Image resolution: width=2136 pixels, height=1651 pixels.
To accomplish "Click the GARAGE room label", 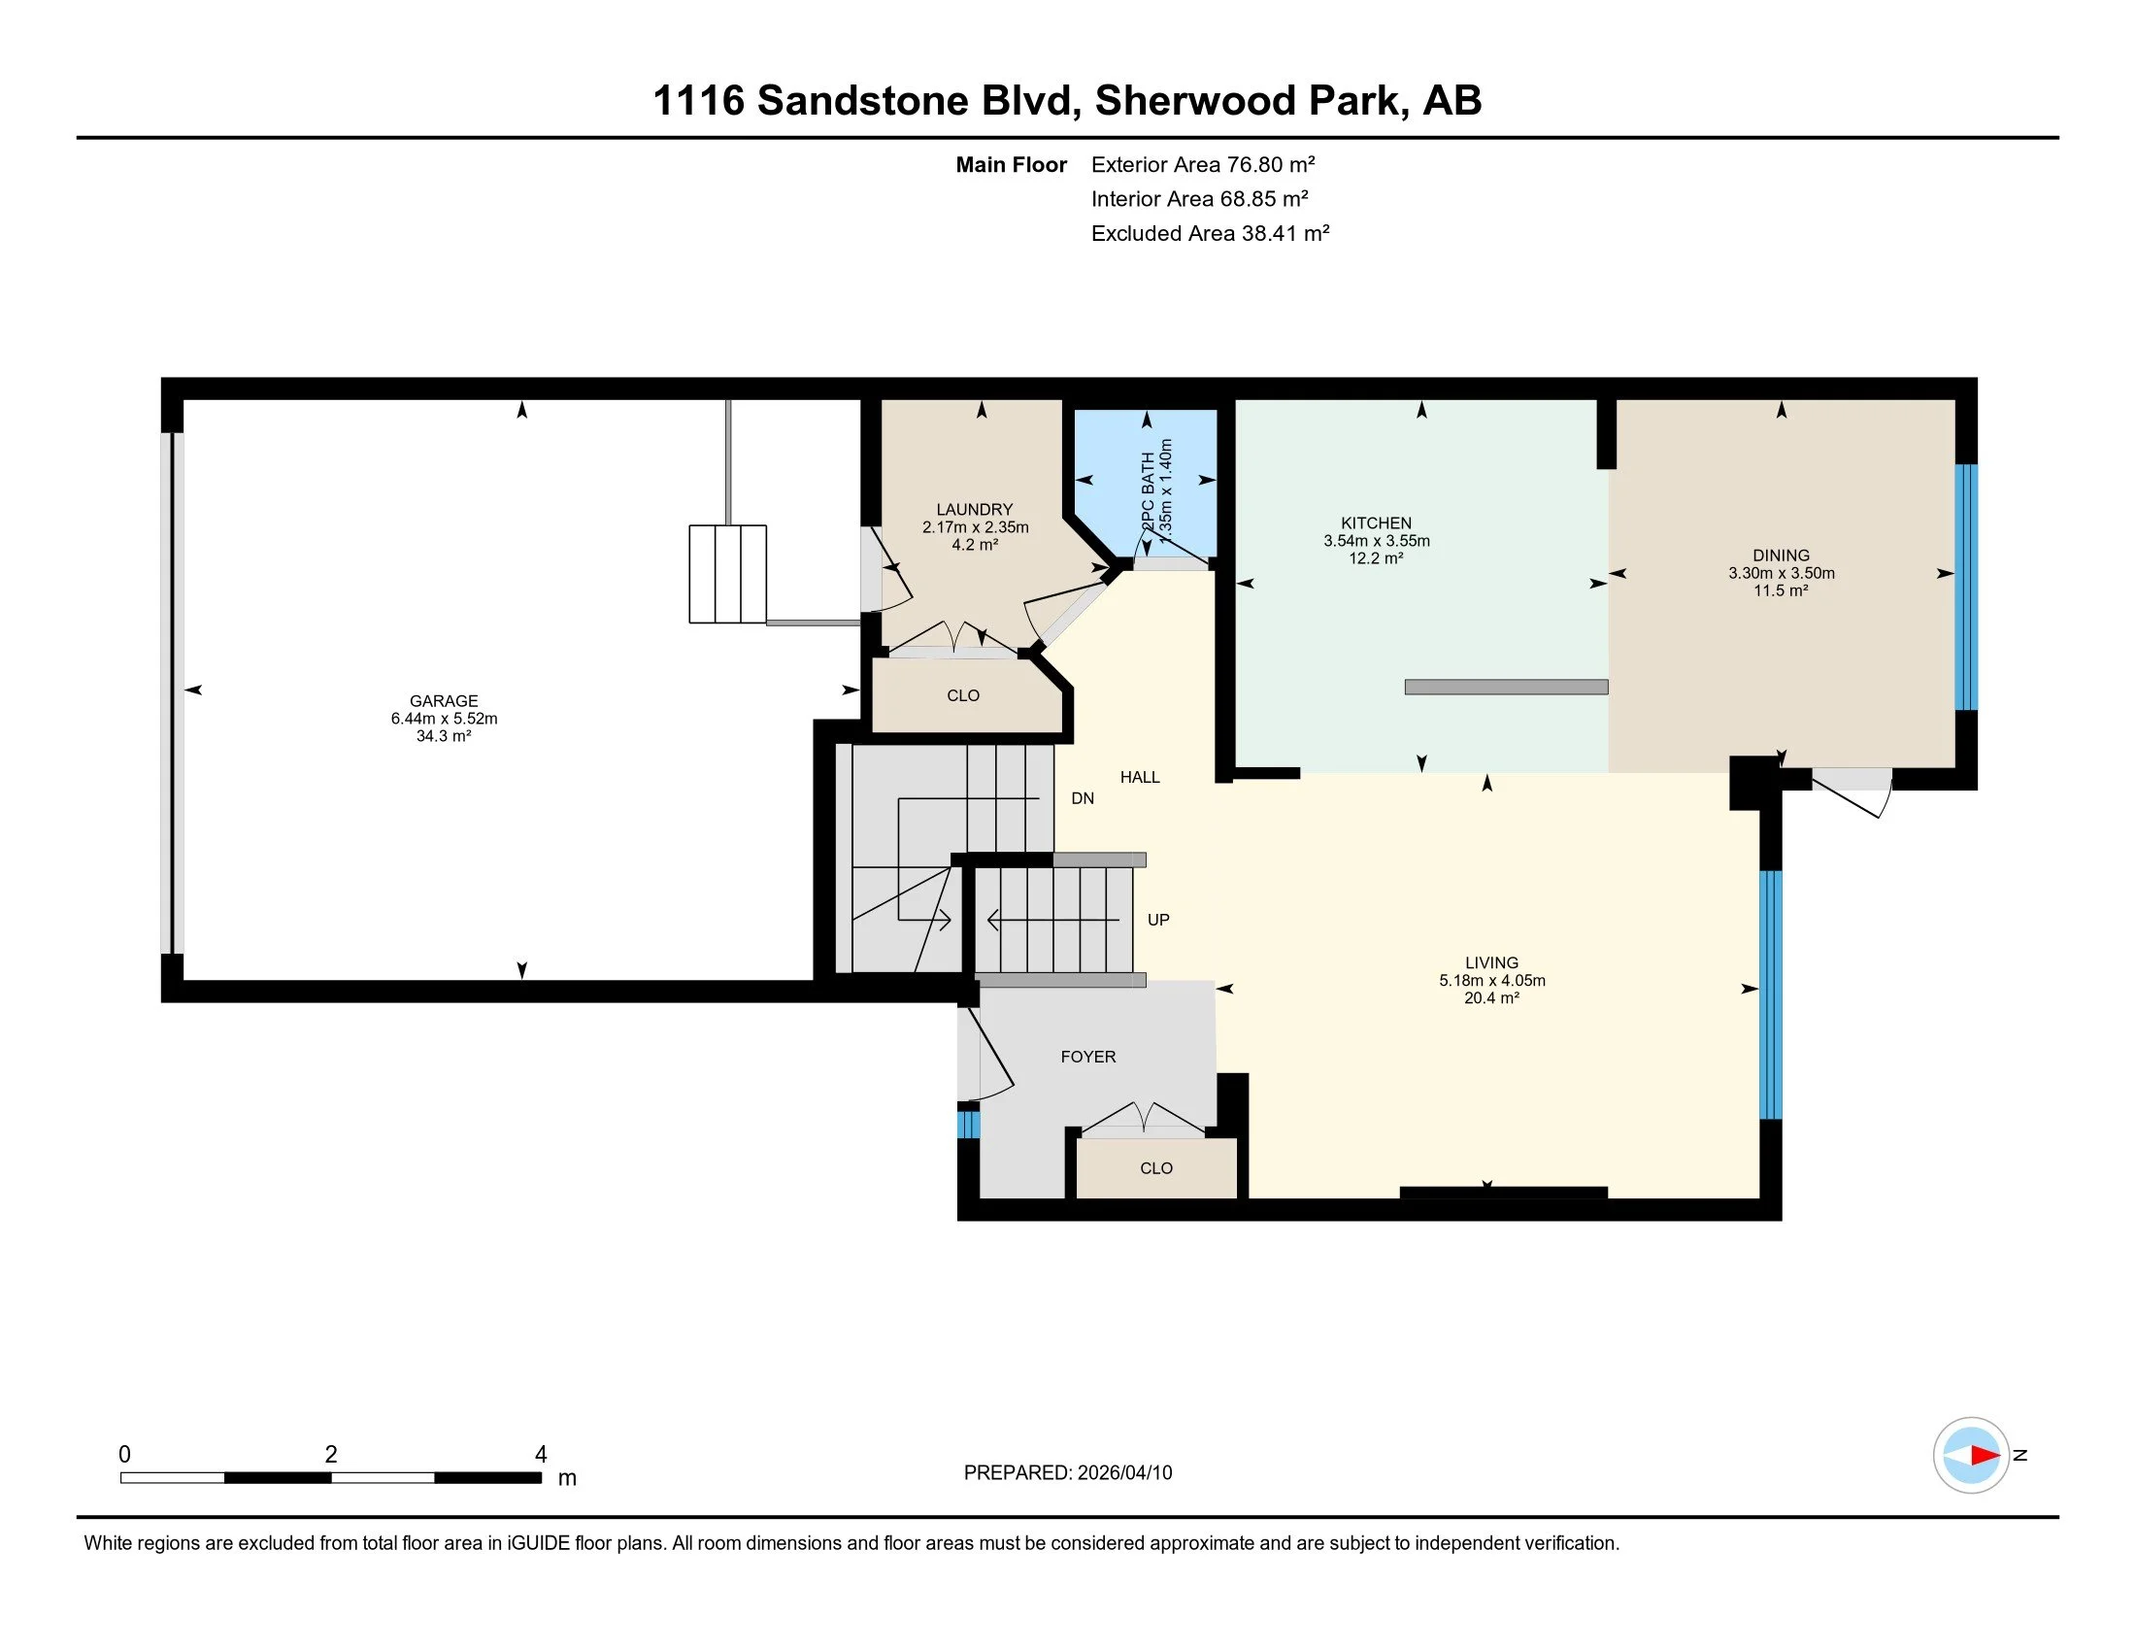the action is coord(444,701).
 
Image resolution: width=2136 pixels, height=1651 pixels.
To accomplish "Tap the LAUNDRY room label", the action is coord(974,510).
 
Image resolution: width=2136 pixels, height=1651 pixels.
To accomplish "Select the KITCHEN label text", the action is coord(1376,523).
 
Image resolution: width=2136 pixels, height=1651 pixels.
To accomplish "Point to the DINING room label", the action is coord(1781,556).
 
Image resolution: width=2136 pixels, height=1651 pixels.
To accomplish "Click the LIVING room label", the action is coord(1491,962).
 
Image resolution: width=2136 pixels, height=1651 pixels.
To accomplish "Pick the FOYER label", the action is coord(1088,1057).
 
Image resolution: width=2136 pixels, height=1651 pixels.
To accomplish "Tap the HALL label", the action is coord(1141,777).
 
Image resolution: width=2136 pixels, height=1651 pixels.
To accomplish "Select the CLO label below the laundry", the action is coord(963,695).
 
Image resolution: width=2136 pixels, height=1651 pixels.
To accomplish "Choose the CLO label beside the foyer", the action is coord(1156,1167).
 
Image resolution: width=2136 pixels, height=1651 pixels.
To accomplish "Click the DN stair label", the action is coord(1083,798).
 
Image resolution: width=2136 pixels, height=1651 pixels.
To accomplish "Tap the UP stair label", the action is coord(1158,920).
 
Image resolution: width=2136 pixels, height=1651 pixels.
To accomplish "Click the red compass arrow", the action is coord(1986,1456).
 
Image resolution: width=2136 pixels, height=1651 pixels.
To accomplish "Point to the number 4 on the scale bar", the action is coord(541,1455).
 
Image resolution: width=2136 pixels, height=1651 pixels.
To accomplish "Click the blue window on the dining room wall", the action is coord(1966,587).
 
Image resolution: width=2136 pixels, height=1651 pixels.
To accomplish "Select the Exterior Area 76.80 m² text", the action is coord(1203,164).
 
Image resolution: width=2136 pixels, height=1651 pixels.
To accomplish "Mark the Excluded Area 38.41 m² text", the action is coord(1211,233).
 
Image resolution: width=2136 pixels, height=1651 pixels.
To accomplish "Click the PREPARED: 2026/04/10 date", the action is coord(1068,1473).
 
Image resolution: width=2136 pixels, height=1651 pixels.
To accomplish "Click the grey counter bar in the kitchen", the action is coord(1506,687).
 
